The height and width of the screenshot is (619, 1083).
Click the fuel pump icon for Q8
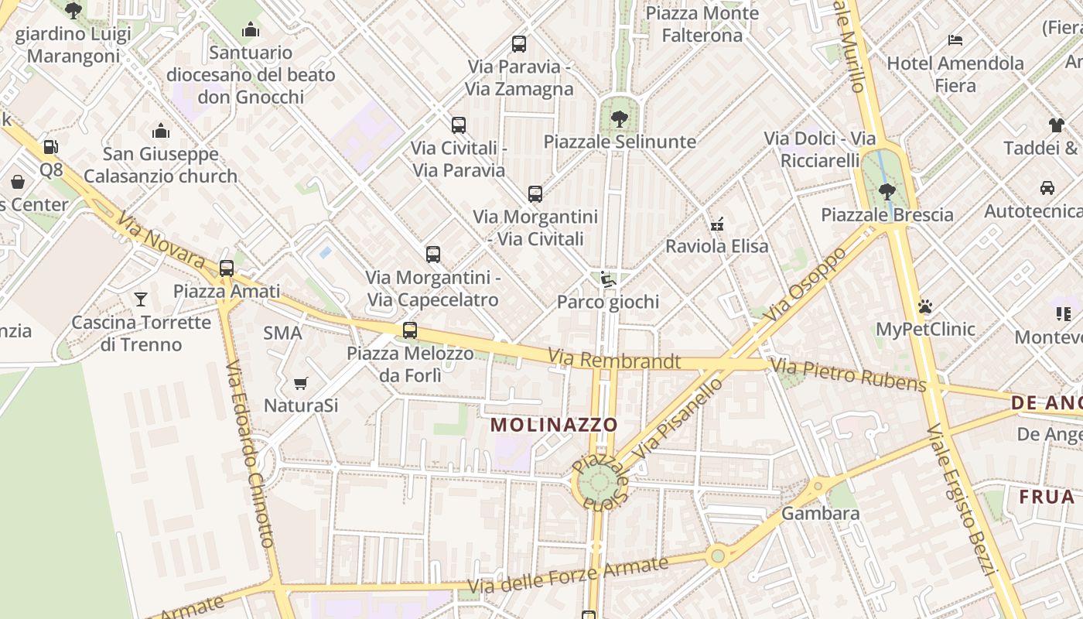(50, 146)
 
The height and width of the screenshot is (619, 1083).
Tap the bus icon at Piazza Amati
(227, 268)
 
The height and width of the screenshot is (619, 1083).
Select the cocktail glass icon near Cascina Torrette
(141, 299)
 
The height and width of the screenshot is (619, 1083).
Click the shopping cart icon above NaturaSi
(301, 383)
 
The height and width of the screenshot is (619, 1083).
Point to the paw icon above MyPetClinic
(925, 306)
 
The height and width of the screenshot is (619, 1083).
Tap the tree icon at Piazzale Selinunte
(619, 118)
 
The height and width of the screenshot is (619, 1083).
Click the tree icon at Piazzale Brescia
(887, 190)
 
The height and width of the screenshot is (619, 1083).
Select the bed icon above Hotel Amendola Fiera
(955, 40)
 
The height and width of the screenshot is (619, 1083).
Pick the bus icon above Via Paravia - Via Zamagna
(519, 44)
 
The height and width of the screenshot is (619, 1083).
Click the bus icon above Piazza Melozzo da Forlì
(410, 330)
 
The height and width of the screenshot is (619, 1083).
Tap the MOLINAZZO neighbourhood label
(554, 425)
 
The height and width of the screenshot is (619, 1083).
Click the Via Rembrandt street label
(614, 360)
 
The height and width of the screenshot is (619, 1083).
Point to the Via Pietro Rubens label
(849, 374)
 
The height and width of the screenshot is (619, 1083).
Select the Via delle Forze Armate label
(568, 577)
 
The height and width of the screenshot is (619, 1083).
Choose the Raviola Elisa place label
(717, 247)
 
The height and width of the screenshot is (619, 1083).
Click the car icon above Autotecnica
(1047, 188)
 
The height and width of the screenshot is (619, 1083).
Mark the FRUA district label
(1047, 497)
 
